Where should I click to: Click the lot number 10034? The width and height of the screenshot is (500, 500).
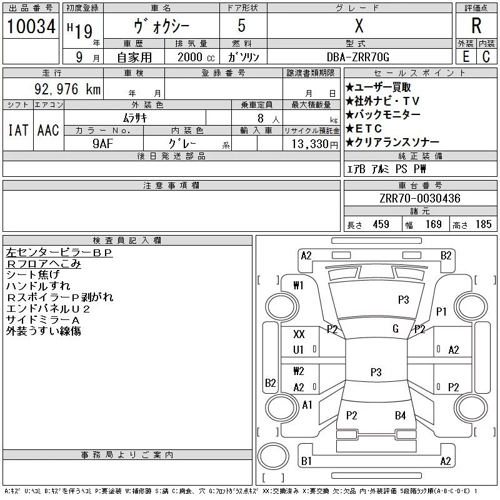click(31, 26)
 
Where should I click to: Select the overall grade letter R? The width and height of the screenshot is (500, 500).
click(476, 26)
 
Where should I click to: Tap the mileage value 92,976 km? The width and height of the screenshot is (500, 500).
click(67, 89)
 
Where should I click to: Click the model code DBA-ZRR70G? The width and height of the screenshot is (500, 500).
click(358, 57)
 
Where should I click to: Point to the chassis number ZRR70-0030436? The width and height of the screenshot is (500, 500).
click(420, 198)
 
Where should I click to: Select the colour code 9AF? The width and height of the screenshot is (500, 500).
click(103, 144)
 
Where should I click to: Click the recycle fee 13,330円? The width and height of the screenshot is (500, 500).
click(315, 144)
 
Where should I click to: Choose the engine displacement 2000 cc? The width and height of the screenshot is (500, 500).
click(196, 57)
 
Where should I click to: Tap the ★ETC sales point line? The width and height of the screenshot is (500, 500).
click(364, 129)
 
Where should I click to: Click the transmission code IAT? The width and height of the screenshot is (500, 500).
click(18, 130)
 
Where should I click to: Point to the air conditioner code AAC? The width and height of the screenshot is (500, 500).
click(48, 130)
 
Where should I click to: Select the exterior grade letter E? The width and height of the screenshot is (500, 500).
click(466, 57)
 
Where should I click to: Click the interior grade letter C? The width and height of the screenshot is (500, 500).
click(486, 57)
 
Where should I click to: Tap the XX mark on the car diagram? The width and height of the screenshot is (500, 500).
click(299, 334)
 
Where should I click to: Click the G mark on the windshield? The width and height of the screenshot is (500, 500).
click(396, 329)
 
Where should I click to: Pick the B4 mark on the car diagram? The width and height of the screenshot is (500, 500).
click(400, 416)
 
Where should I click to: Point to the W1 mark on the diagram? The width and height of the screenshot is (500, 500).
click(299, 285)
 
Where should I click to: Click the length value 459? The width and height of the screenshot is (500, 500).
click(381, 224)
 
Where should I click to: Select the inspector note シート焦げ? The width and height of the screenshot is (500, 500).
click(33, 274)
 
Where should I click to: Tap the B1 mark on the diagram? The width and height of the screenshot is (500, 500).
click(306, 461)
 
